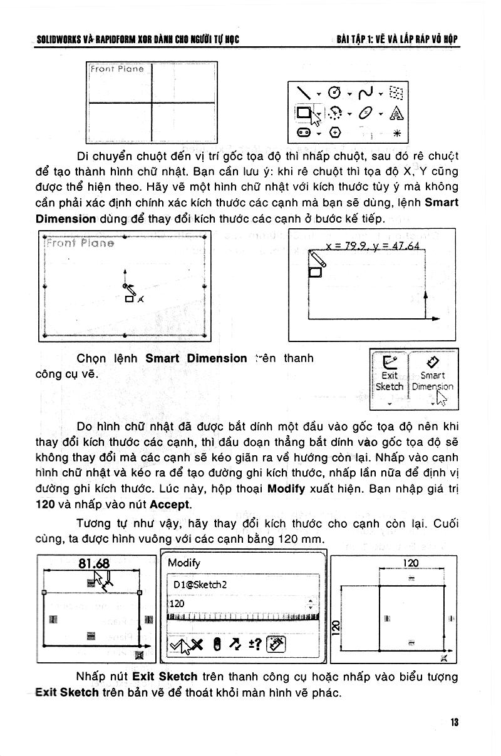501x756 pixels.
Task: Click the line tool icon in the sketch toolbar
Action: pos(304,93)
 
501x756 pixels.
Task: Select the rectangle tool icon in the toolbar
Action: pos(304,113)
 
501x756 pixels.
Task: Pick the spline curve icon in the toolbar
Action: pos(365,93)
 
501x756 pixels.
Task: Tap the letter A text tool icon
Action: pos(396,113)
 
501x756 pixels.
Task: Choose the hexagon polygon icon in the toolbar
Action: pos(336,133)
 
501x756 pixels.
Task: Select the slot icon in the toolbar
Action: pos(303,133)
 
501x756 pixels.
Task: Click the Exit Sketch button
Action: pos(389,375)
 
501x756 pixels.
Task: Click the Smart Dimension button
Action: pos(433,375)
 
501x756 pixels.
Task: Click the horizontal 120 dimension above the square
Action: pos(411,563)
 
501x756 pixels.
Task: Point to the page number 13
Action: pos(455,723)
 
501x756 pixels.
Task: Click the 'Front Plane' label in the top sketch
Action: pos(117,69)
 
